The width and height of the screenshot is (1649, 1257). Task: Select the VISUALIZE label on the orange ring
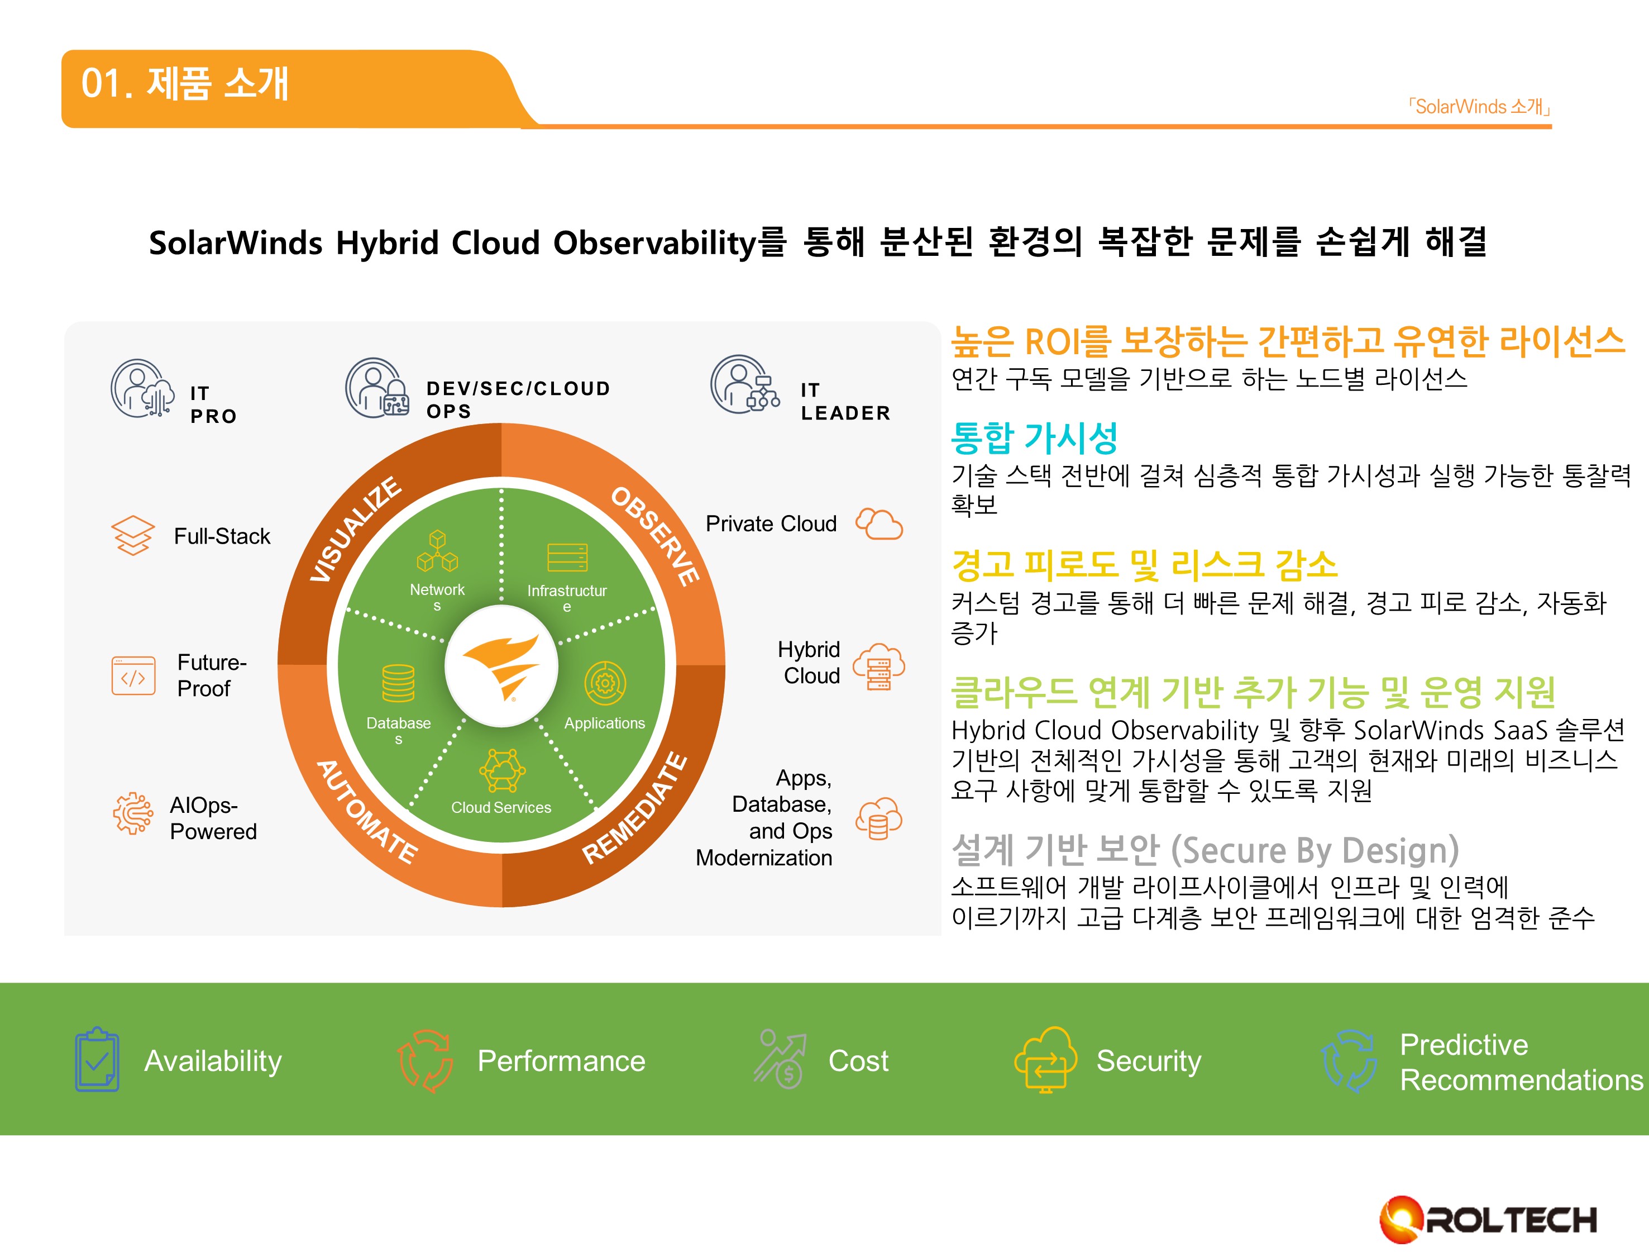pos(356,529)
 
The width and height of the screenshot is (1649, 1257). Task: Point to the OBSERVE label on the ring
pos(655,536)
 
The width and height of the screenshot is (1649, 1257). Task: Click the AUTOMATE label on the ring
pos(366,812)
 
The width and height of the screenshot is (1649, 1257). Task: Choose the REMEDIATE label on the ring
pos(635,808)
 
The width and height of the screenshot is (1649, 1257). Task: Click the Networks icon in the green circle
pos(437,551)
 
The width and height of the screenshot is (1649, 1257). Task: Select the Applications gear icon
pos(605,682)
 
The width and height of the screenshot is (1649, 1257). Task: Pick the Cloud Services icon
pos(502,770)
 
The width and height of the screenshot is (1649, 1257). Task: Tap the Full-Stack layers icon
pos(133,536)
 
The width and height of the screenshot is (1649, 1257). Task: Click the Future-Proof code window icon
pos(133,675)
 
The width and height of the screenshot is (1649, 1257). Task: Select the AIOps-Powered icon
pos(133,813)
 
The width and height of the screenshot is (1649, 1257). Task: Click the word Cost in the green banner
pos(858,1061)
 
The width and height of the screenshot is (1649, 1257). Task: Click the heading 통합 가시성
pos(1034,437)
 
